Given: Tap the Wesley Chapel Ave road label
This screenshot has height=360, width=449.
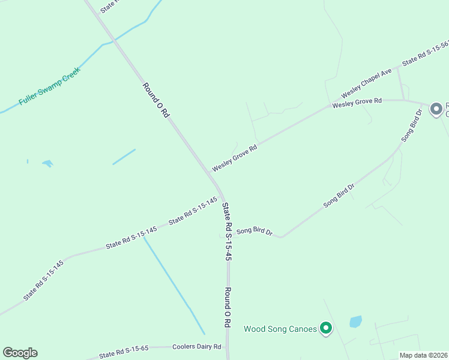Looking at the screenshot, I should (x=366, y=84).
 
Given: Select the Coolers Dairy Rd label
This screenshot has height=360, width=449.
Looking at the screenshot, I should (x=197, y=347).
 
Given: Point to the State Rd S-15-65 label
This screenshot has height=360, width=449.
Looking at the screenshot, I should (x=124, y=350).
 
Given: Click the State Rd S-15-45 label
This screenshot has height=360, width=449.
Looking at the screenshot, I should (x=227, y=231).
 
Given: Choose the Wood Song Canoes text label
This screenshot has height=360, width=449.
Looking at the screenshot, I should (x=280, y=329).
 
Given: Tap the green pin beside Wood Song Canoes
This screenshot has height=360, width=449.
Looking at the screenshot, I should (x=325, y=328).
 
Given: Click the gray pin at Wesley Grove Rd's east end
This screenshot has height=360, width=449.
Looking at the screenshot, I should (x=436, y=109).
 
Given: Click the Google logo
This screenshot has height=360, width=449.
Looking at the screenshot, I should (x=20, y=353).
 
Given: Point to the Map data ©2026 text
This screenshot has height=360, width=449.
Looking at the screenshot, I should (x=423, y=355).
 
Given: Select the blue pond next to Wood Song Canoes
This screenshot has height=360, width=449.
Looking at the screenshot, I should (x=355, y=322).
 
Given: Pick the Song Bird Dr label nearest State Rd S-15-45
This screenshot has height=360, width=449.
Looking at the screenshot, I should (x=255, y=231).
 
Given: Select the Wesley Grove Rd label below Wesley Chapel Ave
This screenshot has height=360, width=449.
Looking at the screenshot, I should (x=357, y=103).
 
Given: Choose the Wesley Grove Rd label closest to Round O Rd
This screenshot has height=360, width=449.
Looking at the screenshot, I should (x=234, y=157).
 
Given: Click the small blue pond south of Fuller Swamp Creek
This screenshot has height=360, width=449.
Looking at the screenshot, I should (x=47, y=163).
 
